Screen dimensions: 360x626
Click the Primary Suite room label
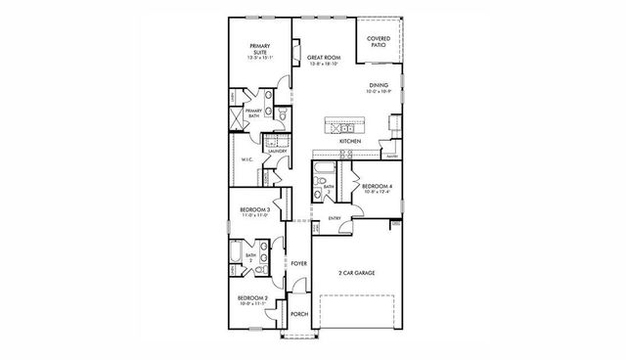[x=259, y=46]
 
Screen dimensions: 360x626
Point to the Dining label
[x=378, y=85]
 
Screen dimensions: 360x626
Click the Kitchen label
[x=350, y=142]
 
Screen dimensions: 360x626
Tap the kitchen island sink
[x=345, y=127]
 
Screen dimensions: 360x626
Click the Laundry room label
[x=275, y=152]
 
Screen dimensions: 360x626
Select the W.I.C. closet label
[x=247, y=160]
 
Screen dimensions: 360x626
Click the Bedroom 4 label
[x=378, y=186]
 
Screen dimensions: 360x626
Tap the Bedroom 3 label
[x=255, y=209]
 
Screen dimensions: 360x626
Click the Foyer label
[x=298, y=264]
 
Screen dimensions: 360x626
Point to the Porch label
[x=298, y=314]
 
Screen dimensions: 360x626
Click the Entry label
[x=335, y=218]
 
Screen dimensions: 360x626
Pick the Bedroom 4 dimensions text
[x=378, y=192]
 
